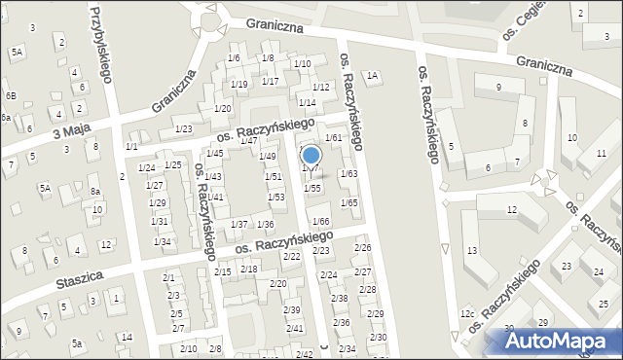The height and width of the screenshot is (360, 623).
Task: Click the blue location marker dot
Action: [311, 154]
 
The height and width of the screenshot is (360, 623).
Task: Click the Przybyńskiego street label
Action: [102, 44]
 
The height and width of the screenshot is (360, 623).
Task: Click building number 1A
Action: [372, 76]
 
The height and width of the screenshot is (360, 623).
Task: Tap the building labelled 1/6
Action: [234, 58]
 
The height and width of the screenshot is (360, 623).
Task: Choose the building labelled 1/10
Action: [303, 64]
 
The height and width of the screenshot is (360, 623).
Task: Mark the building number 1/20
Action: [222, 108]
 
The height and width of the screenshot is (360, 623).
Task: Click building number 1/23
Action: [183, 129]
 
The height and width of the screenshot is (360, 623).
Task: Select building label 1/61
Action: [333, 138]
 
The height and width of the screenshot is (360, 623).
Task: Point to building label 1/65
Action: [348, 202]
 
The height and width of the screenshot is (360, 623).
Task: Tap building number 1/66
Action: [320, 222]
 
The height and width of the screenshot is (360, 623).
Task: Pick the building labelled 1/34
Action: [163, 241]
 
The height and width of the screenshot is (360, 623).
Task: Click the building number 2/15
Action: [223, 271]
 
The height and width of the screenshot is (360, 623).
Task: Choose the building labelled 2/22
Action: [291, 256]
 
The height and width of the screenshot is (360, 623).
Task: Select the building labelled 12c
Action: [468, 313]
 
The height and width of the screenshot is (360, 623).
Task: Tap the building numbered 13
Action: [471, 252]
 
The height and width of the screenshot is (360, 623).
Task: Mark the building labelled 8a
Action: [95, 192]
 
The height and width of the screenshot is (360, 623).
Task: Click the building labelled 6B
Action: [11, 95]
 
